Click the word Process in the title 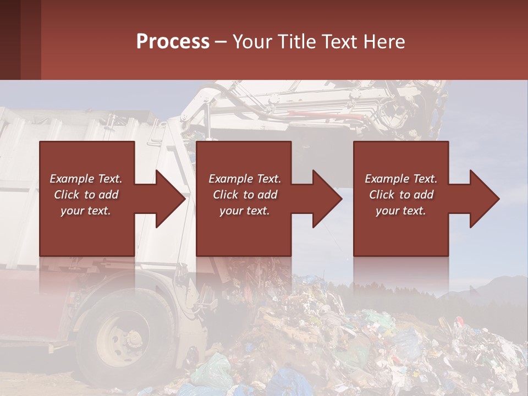(x=173, y=42)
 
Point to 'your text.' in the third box (x=400, y=211)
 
